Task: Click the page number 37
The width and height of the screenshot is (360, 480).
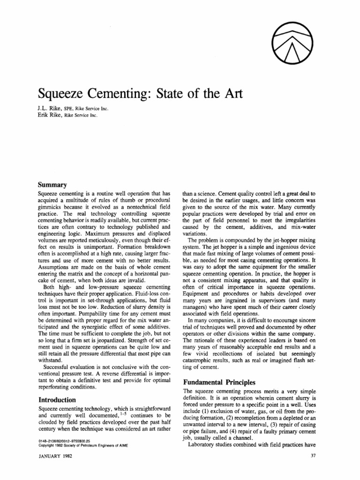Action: coord(314,456)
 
